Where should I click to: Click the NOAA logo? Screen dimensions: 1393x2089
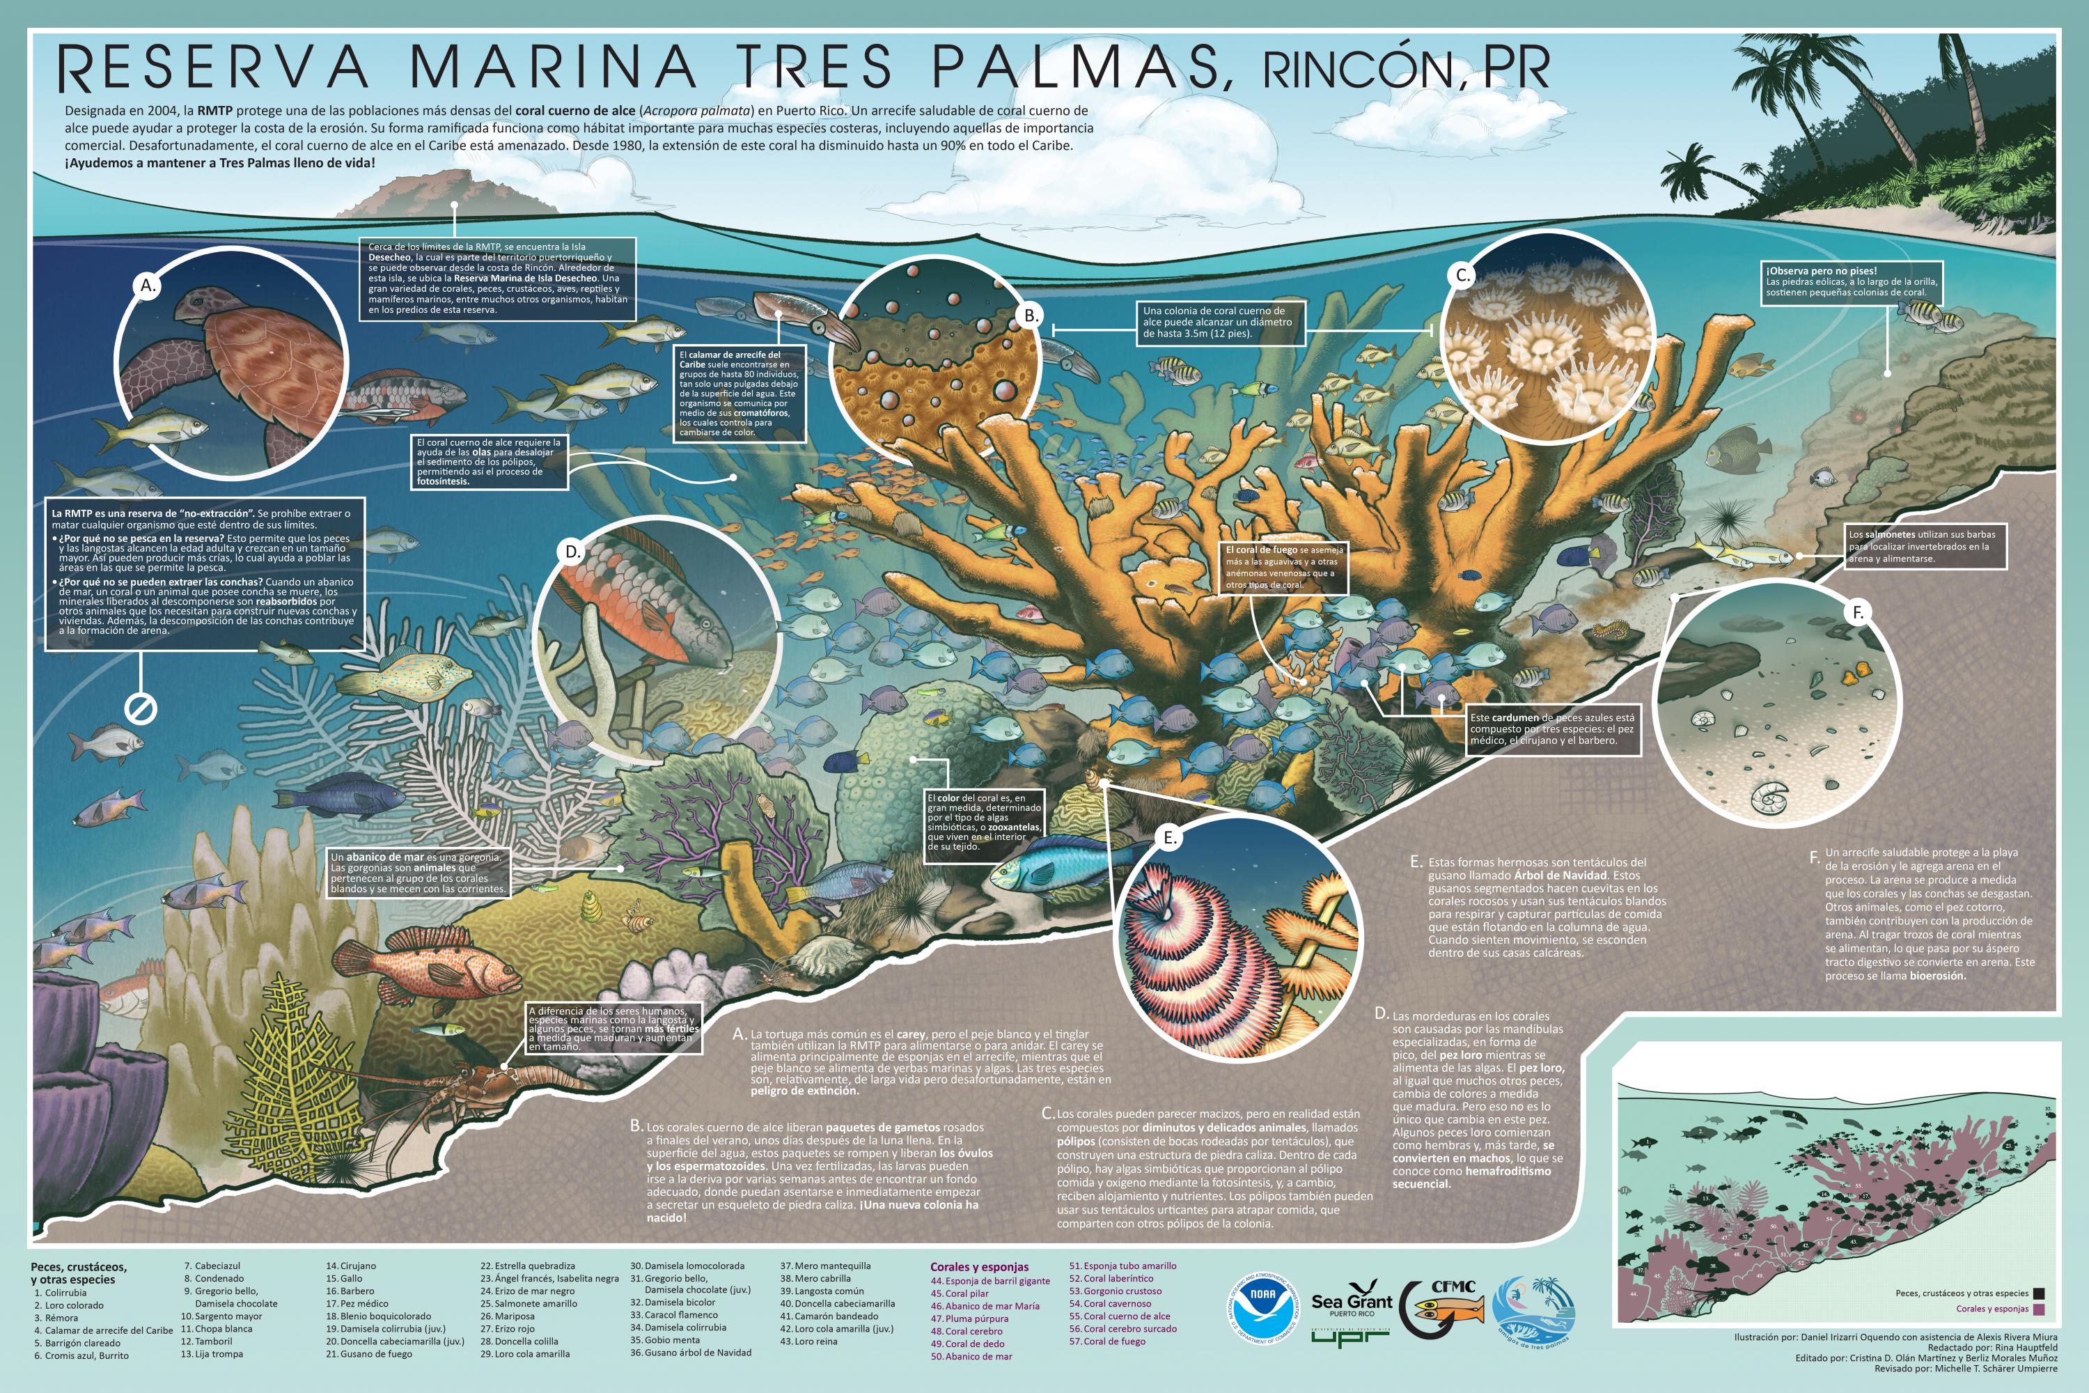pyautogui.click(x=1262, y=1306)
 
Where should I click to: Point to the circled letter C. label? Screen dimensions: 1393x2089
pyautogui.click(x=1462, y=275)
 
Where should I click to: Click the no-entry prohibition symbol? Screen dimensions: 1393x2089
pyautogui.click(x=141, y=708)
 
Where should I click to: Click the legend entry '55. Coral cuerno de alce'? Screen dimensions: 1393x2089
pyautogui.click(x=1119, y=1316)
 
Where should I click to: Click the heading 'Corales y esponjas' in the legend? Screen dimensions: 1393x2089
pyautogui.click(x=979, y=1267)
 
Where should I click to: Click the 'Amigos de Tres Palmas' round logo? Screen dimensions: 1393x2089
pyautogui.click(x=1535, y=1312)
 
